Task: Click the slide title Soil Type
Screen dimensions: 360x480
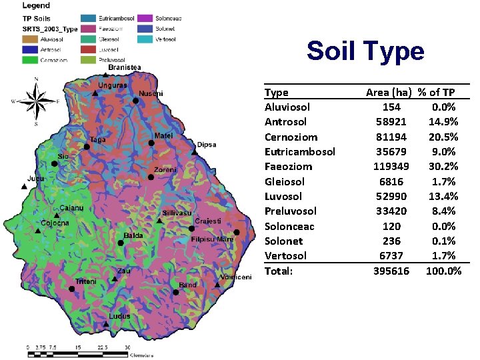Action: [x=365, y=51]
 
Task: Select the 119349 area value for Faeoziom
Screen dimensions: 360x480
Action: [x=391, y=166]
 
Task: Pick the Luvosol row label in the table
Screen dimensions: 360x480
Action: [x=283, y=196]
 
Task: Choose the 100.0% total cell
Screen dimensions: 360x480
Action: [x=443, y=271]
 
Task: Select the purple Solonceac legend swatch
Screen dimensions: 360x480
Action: [x=145, y=17]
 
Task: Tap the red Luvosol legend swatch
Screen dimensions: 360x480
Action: [x=88, y=49]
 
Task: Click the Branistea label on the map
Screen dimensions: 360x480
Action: [x=125, y=67]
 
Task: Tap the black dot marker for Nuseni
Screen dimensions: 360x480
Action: [x=135, y=101]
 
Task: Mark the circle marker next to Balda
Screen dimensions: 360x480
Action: [x=120, y=243]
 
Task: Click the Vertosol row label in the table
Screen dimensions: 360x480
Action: [x=285, y=256]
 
